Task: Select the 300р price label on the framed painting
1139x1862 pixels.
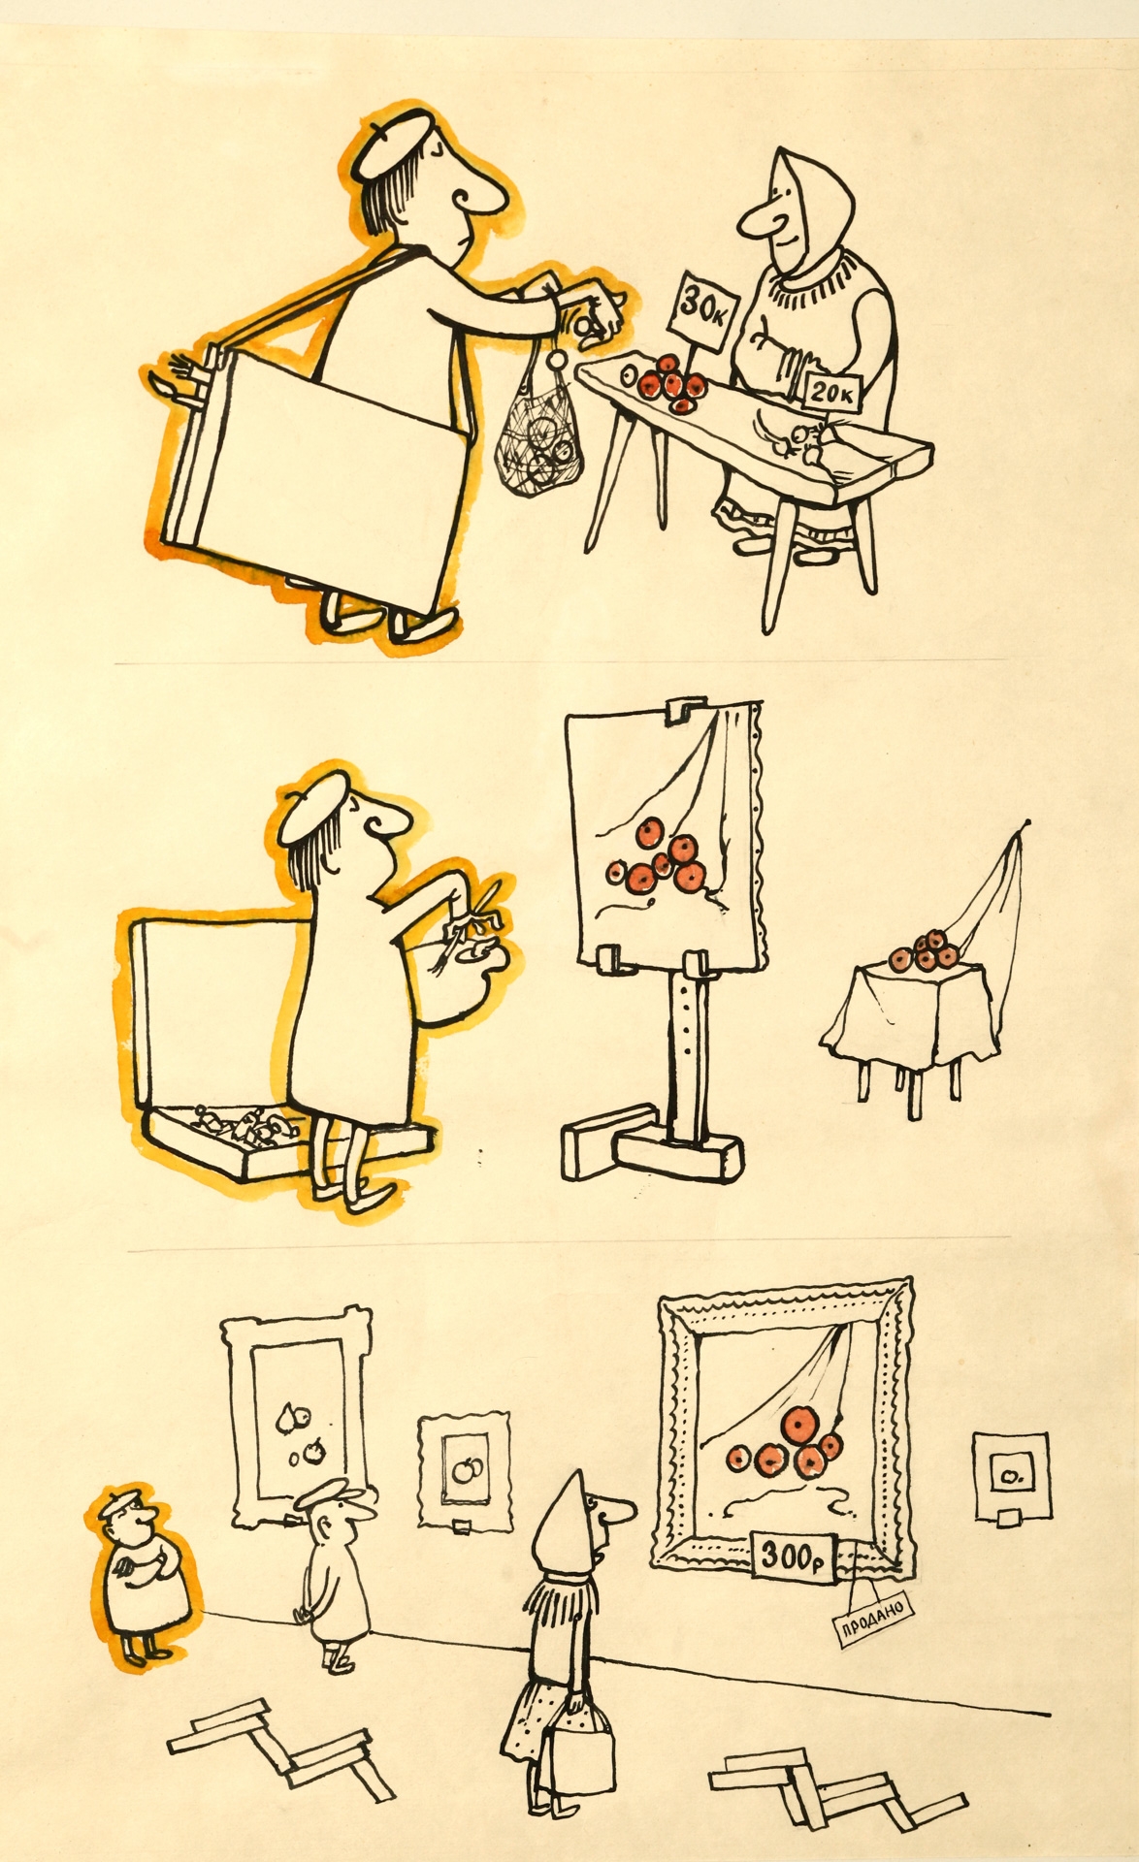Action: click(791, 1557)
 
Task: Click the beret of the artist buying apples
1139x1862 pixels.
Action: click(396, 143)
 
